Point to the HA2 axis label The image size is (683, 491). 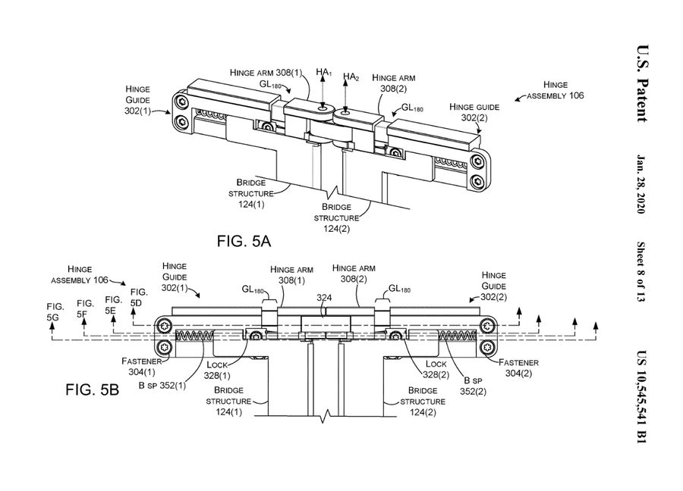coord(351,77)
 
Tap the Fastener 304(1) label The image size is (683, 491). coord(141,367)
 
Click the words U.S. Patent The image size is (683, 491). coord(639,81)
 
